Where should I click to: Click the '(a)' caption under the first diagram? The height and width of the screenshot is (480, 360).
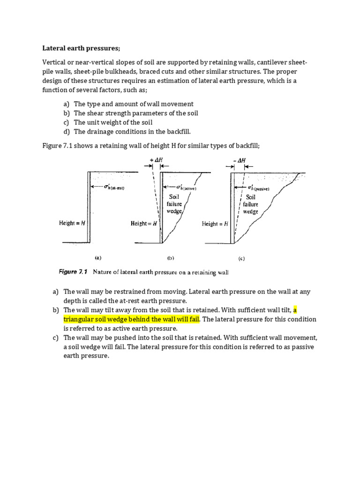[98, 257]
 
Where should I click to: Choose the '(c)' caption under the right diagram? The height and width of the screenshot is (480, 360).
[241, 258]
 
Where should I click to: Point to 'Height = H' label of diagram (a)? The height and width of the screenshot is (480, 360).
[72, 223]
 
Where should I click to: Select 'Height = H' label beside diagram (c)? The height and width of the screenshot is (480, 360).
[215, 224]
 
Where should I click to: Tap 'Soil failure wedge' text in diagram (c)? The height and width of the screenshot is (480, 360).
[250, 204]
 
